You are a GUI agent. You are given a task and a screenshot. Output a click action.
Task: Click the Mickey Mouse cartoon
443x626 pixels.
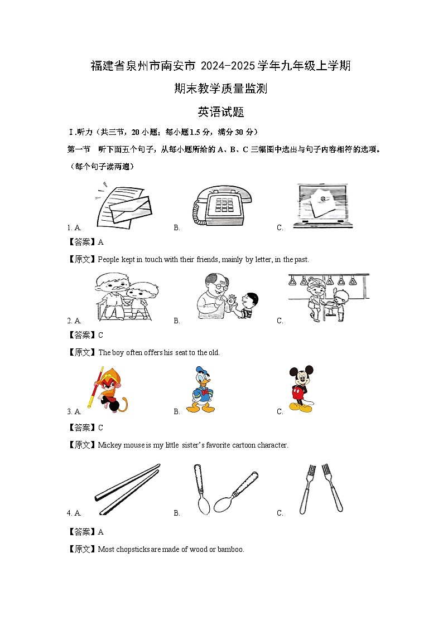point(301,389)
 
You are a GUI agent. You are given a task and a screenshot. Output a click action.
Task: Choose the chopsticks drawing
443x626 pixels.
point(127,489)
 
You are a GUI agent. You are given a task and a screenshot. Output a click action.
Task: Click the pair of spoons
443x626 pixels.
point(226,489)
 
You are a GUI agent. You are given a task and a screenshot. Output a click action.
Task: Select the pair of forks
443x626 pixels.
point(321,488)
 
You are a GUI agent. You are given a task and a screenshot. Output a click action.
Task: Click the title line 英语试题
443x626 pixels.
point(221,112)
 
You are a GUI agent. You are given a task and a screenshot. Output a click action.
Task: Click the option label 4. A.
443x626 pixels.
point(74,513)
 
